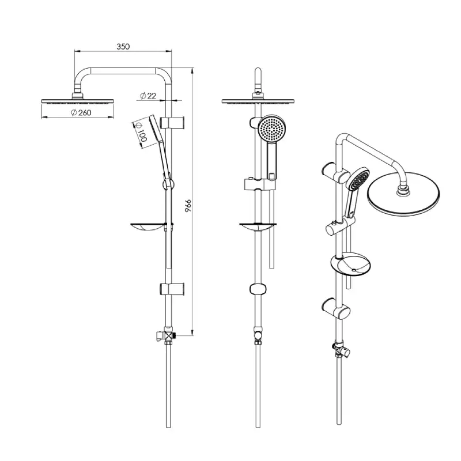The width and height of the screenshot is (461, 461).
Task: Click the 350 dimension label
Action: [123, 47]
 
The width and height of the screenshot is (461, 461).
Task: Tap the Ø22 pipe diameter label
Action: [148, 96]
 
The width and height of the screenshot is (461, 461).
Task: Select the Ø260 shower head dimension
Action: [81, 112]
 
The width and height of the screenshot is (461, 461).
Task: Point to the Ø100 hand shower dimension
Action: [141, 132]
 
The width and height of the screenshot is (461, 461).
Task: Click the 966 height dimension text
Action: [188, 206]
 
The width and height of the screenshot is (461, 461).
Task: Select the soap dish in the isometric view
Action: [350, 264]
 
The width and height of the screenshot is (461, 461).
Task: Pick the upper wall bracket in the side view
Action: [172, 122]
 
